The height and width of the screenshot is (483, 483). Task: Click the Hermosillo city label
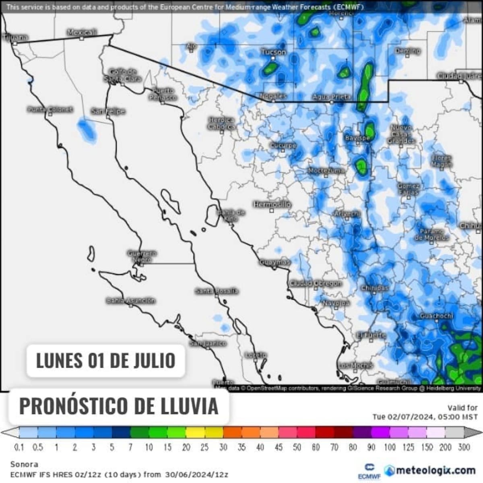[x=272, y=204]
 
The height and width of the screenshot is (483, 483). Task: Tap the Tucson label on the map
[x=274, y=52]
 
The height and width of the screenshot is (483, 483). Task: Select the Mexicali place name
[x=82, y=32]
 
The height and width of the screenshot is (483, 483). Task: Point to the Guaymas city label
[x=275, y=262]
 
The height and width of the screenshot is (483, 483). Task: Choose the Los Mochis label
[x=355, y=365]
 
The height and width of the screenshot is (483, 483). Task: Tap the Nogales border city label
[x=273, y=96]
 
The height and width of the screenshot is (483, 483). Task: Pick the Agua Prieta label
[x=332, y=97]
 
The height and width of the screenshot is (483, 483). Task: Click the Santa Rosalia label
[x=217, y=291]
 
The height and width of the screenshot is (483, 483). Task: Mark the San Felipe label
[x=108, y=111]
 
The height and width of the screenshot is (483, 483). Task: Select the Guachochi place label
[x=436, y=316]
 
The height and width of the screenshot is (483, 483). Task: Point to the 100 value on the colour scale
[x=390, y=447]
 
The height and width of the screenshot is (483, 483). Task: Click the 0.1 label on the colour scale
[x=19, y=447]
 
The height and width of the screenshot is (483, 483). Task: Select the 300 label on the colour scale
[x=464, y=447]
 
